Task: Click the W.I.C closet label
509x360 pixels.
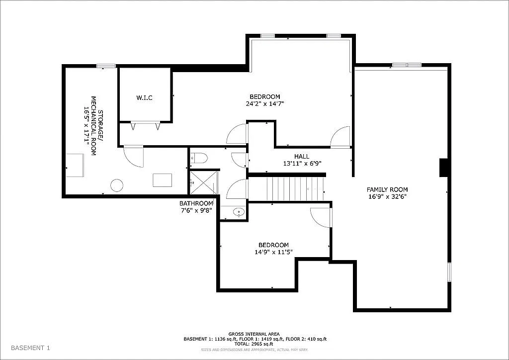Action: pos(145,98)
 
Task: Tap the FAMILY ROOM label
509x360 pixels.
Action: pos(387,189)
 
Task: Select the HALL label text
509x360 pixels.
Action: pos(302,157)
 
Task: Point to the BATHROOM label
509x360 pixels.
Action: pos(196,203)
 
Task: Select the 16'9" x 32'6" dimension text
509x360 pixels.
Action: pos(387,196)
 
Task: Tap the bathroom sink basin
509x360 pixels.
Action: pos(239,212)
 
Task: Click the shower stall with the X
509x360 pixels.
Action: pos(204,183)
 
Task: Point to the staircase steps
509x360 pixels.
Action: pos(296,189)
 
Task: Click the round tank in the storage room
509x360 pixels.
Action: pos(117,185)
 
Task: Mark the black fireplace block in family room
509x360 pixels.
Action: pos(444,168)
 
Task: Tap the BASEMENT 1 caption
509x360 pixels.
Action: pos(30,348)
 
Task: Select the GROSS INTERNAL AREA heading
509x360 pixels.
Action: pos(254,334)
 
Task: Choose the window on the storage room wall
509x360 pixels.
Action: pos(106,66)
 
